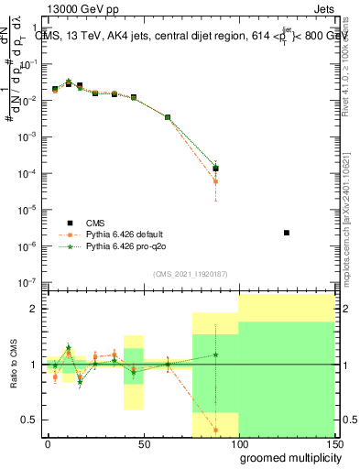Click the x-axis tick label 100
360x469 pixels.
238,444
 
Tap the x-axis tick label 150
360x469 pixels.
333,444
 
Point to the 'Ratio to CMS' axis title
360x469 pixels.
16,365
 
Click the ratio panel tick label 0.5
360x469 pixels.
31,420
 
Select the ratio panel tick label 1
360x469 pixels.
35,365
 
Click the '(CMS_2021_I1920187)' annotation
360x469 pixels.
191,274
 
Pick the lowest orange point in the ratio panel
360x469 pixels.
215,430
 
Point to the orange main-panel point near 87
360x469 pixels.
215,181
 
